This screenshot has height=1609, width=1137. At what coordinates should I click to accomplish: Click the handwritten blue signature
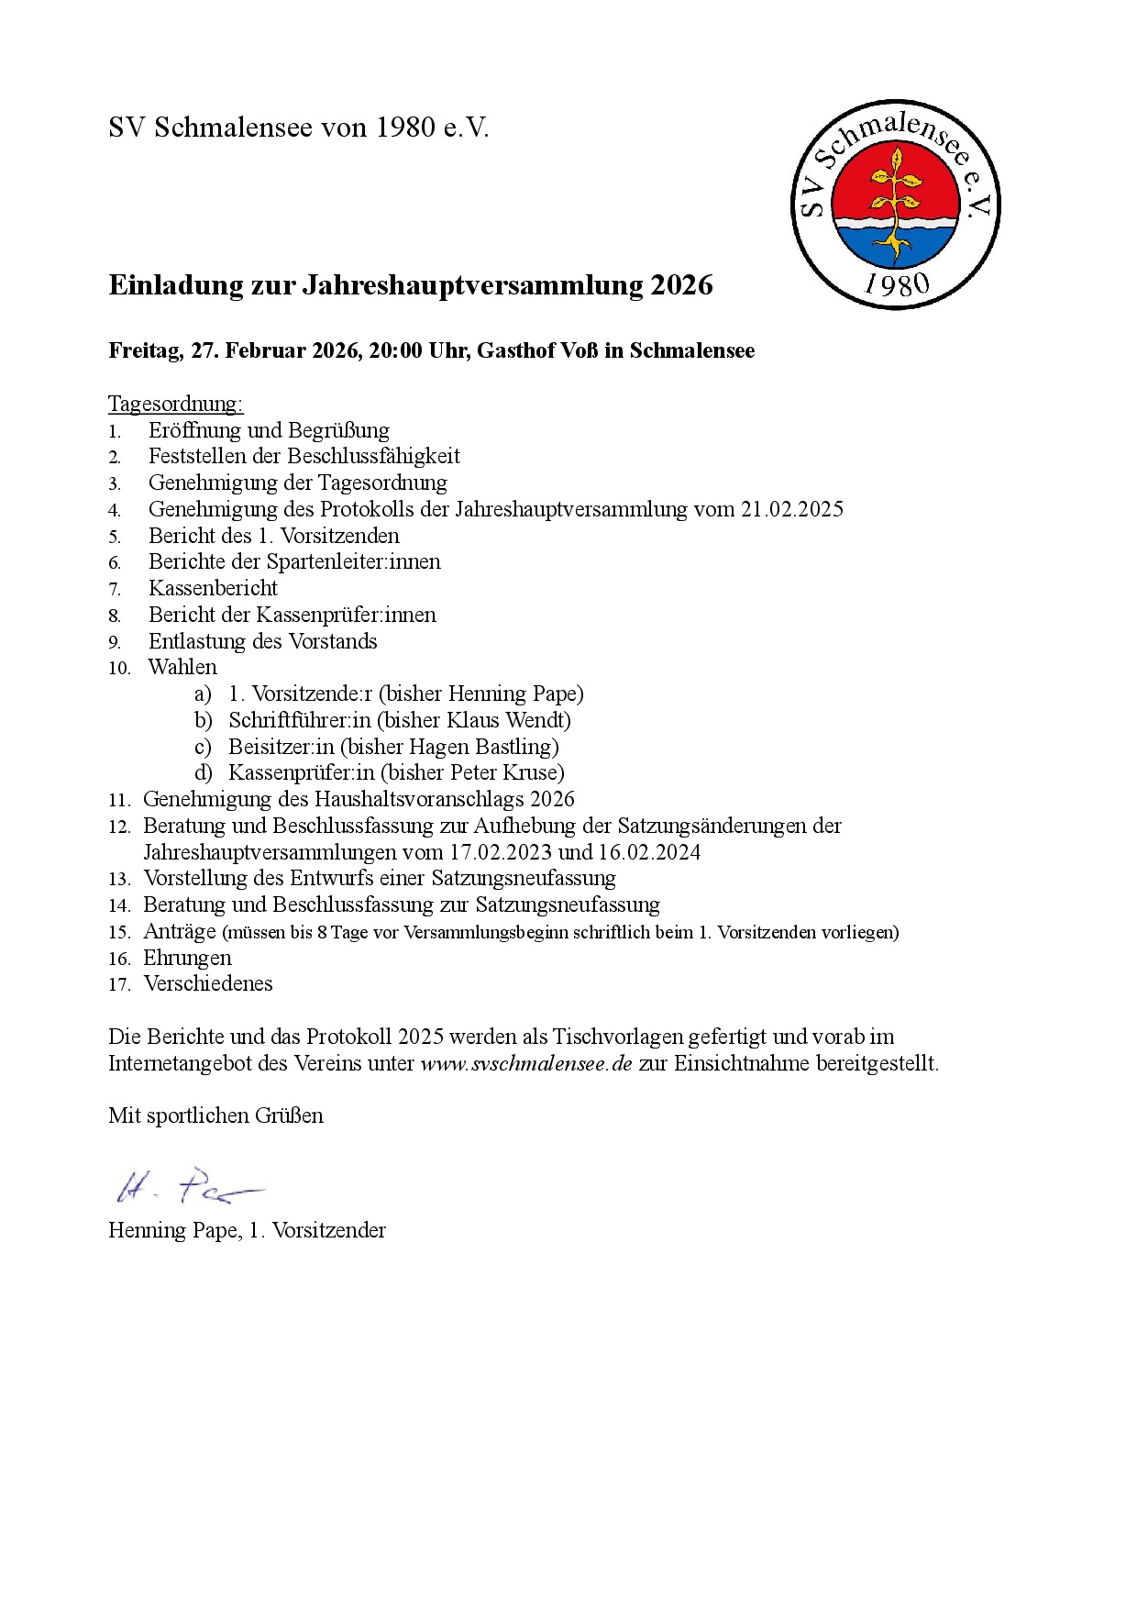click(x=188, y=1186)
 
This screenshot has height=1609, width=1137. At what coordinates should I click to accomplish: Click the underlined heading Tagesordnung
click(x=175, y=404)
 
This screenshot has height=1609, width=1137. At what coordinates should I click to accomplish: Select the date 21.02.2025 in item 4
click(x=791, y=509)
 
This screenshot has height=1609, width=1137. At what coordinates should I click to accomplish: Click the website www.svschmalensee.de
click(x=526, y=1064)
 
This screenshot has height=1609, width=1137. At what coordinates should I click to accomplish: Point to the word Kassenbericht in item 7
click(x=213, y=588)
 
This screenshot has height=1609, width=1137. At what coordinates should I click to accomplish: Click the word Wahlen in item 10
click(x=182, y=667)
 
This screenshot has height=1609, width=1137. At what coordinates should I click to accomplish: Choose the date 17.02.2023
click(x=500, y=852)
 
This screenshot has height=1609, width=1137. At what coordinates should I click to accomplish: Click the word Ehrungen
click(x=187, y=958)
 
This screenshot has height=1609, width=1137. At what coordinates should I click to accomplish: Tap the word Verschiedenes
click(x=208, y=983)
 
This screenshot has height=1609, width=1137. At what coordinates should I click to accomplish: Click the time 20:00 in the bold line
click(x=395, y=350)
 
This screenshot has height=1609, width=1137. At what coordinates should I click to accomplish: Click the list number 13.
click(x=119, y=880)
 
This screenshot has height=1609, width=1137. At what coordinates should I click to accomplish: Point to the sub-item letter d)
click(x=203, y=773)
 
